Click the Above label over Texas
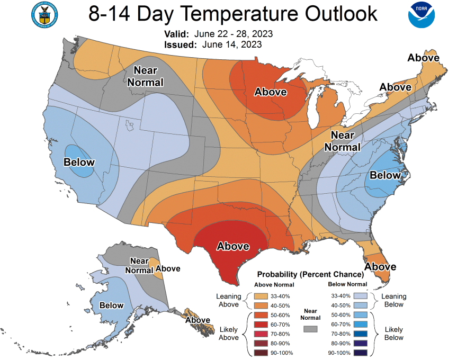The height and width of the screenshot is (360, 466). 233,246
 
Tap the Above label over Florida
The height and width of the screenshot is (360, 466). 380,267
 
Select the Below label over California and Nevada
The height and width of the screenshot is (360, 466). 79,162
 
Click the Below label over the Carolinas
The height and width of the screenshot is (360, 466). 385,175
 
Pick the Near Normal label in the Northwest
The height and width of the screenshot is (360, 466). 145,76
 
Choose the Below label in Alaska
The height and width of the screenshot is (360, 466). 111,305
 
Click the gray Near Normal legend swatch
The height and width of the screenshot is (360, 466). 311,329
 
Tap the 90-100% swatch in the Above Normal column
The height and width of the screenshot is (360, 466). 261,352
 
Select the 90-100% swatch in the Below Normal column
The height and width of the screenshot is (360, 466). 362,352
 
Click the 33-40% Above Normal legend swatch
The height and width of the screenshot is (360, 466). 261,296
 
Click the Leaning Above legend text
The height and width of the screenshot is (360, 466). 228,300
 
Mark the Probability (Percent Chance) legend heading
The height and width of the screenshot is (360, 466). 310,275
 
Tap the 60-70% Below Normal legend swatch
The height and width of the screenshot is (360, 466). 362,324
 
